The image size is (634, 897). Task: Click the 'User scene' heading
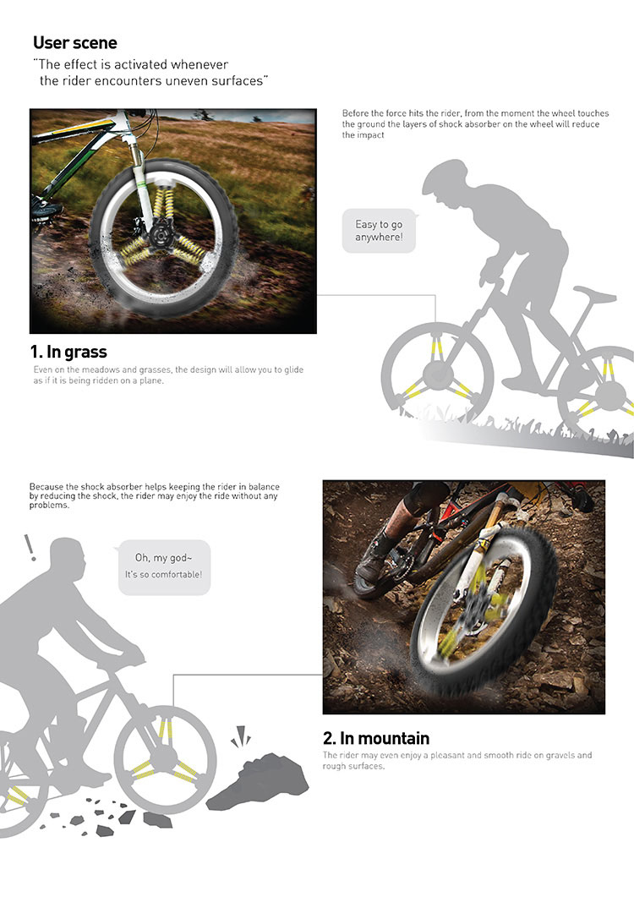click(x=75, y=43)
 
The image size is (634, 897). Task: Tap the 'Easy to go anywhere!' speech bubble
click(x=379, y=231)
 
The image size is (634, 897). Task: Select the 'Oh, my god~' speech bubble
click(x=164, y=567)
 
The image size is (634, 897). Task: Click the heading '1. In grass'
click(x=68, y=352)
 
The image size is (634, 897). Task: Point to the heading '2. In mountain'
click(x=376, y=738)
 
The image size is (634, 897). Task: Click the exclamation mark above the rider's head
click(x=30, y=548)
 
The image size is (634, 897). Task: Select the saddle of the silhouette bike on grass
click(x=594, y=294)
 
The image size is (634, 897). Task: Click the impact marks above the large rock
click(x=242, y=736)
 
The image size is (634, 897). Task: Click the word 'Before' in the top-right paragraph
click(x=355, y=113)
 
